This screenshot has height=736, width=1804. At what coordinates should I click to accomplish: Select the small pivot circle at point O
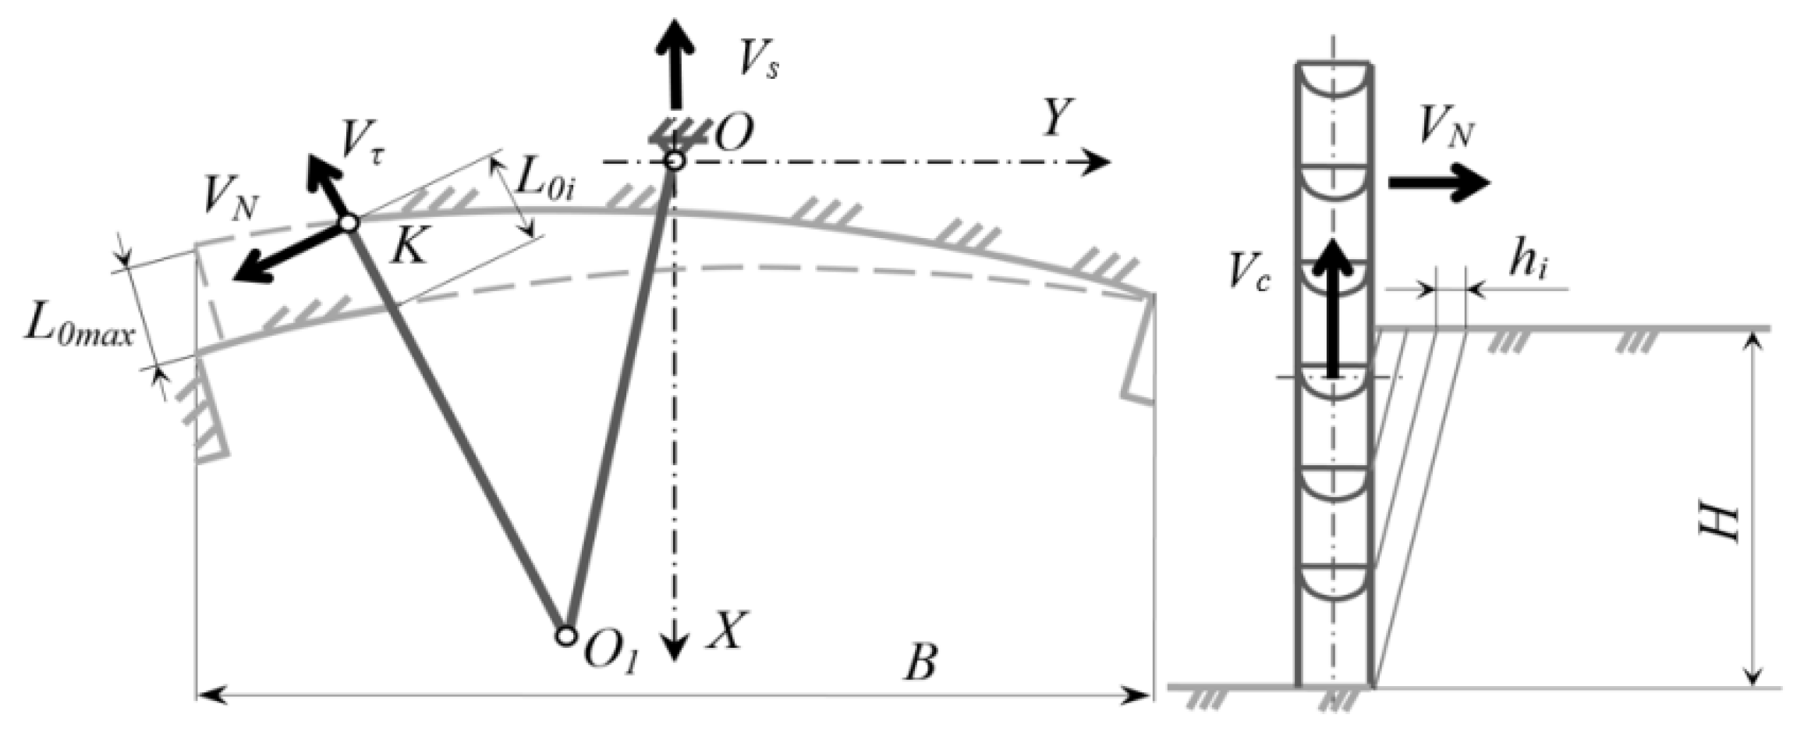pyautogui.click(x=675, y=162)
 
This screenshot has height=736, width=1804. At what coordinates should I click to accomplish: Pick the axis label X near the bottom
pyautogui.click(x=725, y=631)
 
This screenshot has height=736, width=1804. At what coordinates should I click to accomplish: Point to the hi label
pyautogui.click(x=1526, y=266)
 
